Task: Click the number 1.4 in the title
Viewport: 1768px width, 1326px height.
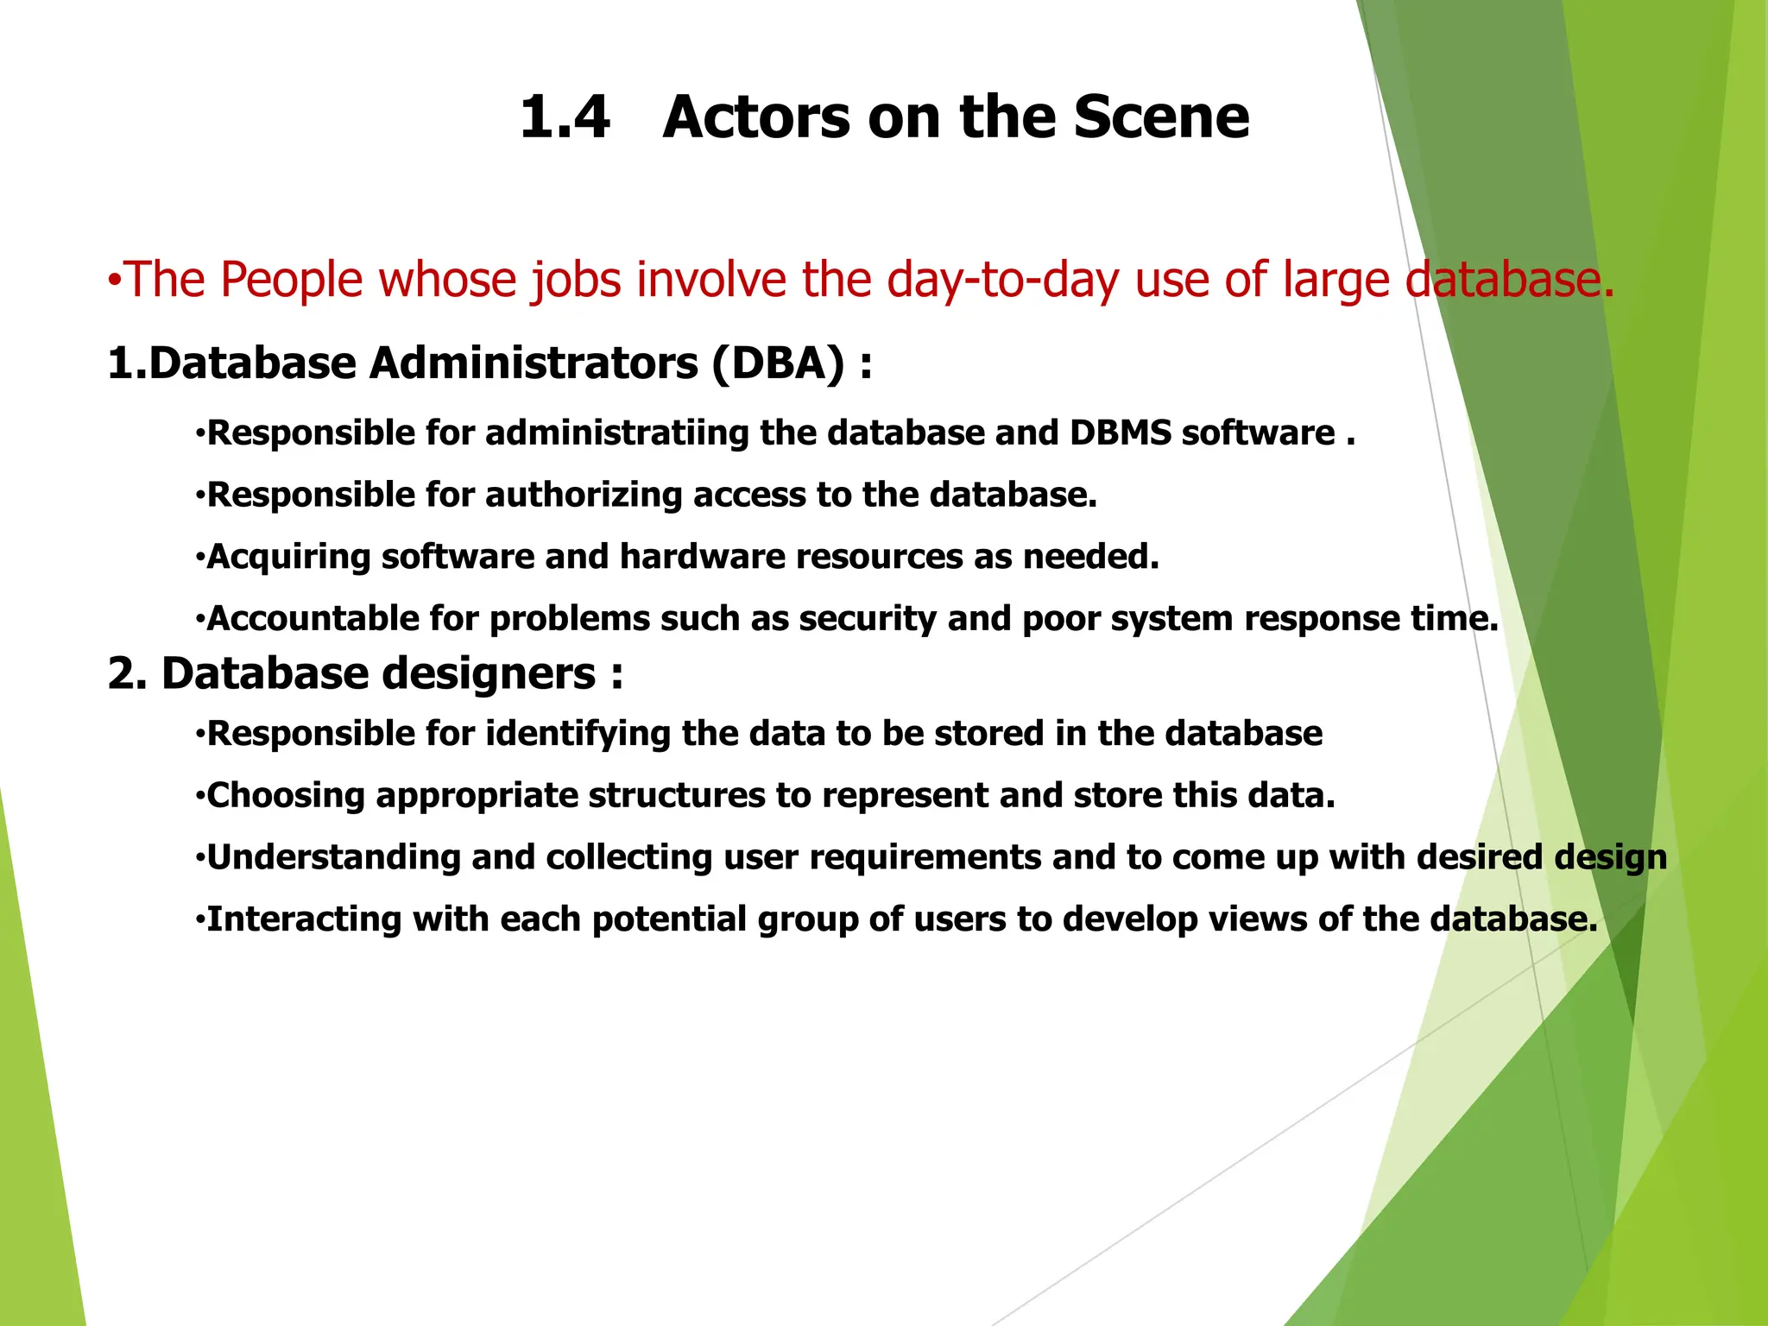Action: pyautogui.click(x=565, y=117)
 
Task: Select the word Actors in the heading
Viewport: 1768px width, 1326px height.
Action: pyautogui.click(x=756, y=117)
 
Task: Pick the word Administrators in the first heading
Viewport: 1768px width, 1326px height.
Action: pyautogui.click(x=534, y=363)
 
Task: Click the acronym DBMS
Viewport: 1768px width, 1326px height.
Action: pyautogui.click(x=1120, y=433)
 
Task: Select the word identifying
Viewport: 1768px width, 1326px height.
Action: pyautogui.click(x=578, y=734)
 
